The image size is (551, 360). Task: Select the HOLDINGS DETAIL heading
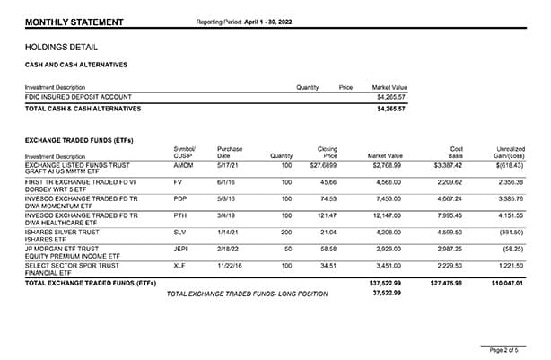point(62,48)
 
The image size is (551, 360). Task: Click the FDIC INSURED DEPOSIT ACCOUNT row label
point(78,96)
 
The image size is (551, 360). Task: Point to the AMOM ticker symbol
point(183,166)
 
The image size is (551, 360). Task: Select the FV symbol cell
point(178,182)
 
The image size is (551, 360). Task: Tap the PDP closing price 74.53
point(327,199)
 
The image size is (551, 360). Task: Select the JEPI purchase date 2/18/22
point(231,250)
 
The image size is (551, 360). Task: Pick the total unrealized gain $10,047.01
point(506,283)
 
